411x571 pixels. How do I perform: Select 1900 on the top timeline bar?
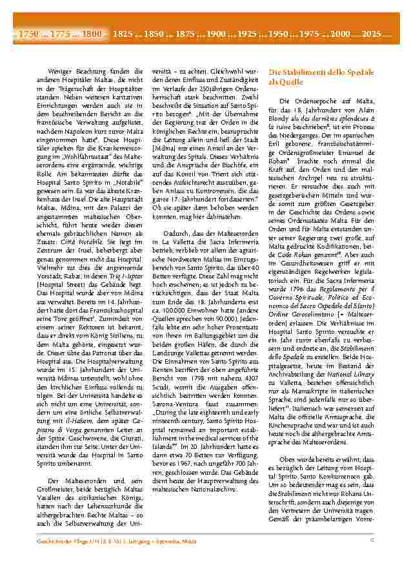pos(216,33)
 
